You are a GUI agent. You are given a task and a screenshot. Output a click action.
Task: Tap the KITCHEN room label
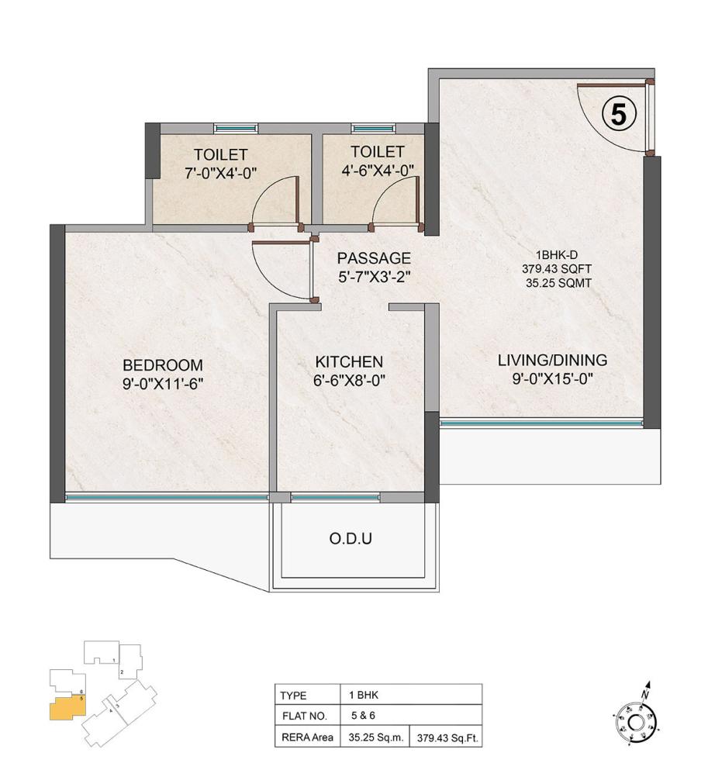click(349, 361)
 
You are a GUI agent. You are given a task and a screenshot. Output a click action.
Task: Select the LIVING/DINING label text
click(552, 360)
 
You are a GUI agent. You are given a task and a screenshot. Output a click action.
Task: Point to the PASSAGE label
click(374, 258)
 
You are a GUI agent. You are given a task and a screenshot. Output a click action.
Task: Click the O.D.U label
click(351, 537)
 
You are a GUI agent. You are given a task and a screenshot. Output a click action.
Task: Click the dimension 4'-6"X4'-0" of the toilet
click(377, 171)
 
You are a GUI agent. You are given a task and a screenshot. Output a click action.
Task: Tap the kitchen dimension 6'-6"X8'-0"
click(349, 380)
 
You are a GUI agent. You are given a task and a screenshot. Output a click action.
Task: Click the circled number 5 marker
click(619, 115)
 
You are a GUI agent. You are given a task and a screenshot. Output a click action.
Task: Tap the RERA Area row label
click(307, 736)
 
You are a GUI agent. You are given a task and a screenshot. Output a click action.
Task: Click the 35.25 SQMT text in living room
click(558, 283)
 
